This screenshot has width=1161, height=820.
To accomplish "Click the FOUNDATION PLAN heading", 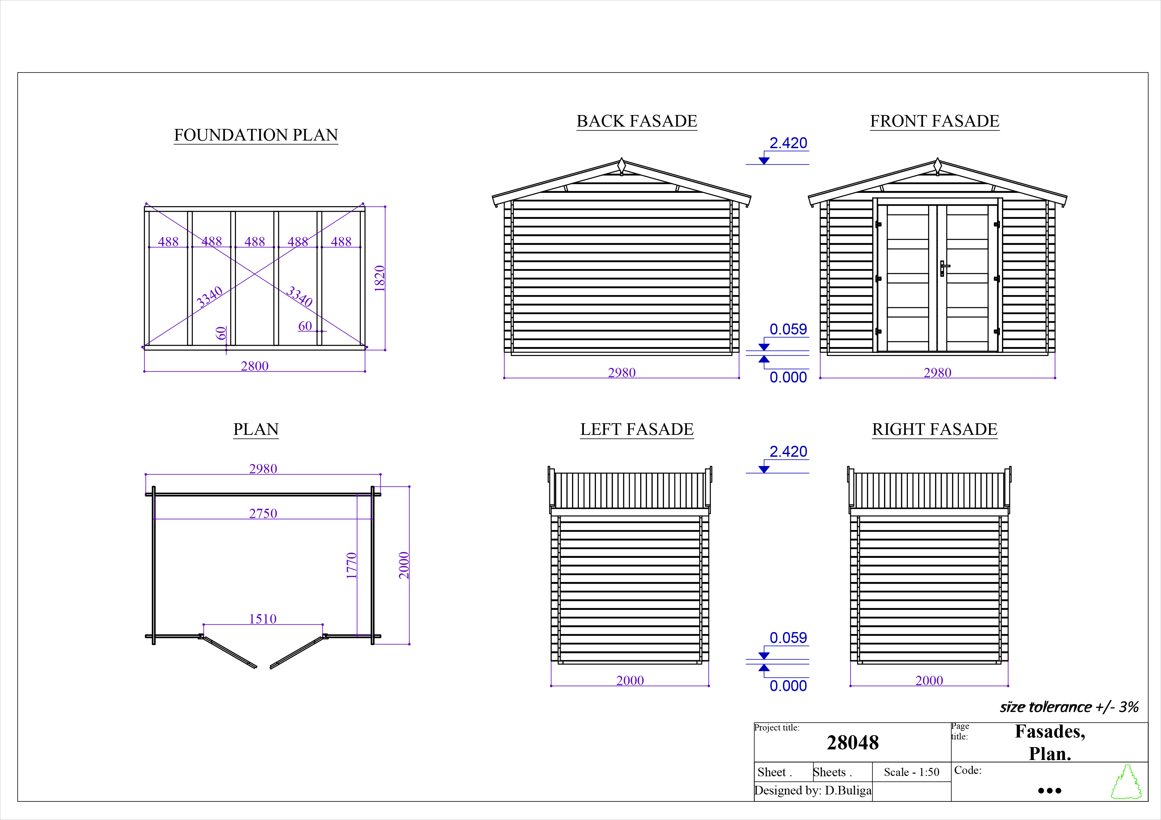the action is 256,135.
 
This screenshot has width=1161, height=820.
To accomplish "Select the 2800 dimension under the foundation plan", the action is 254,366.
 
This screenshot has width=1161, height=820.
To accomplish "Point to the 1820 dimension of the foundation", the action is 380,278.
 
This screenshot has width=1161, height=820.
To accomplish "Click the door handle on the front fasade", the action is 943,268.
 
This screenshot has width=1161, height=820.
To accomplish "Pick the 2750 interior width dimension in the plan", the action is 263,513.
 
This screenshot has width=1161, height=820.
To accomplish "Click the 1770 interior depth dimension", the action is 352,565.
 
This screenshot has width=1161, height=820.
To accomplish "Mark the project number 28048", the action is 853,742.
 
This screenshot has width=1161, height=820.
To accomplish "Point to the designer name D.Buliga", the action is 848,790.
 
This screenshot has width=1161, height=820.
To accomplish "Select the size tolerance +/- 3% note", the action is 1069,707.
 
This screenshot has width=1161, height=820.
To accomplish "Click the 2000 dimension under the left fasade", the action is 630,680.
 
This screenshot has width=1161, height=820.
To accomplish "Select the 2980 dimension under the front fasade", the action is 937,372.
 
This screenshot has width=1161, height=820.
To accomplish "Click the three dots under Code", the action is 1049,791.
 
